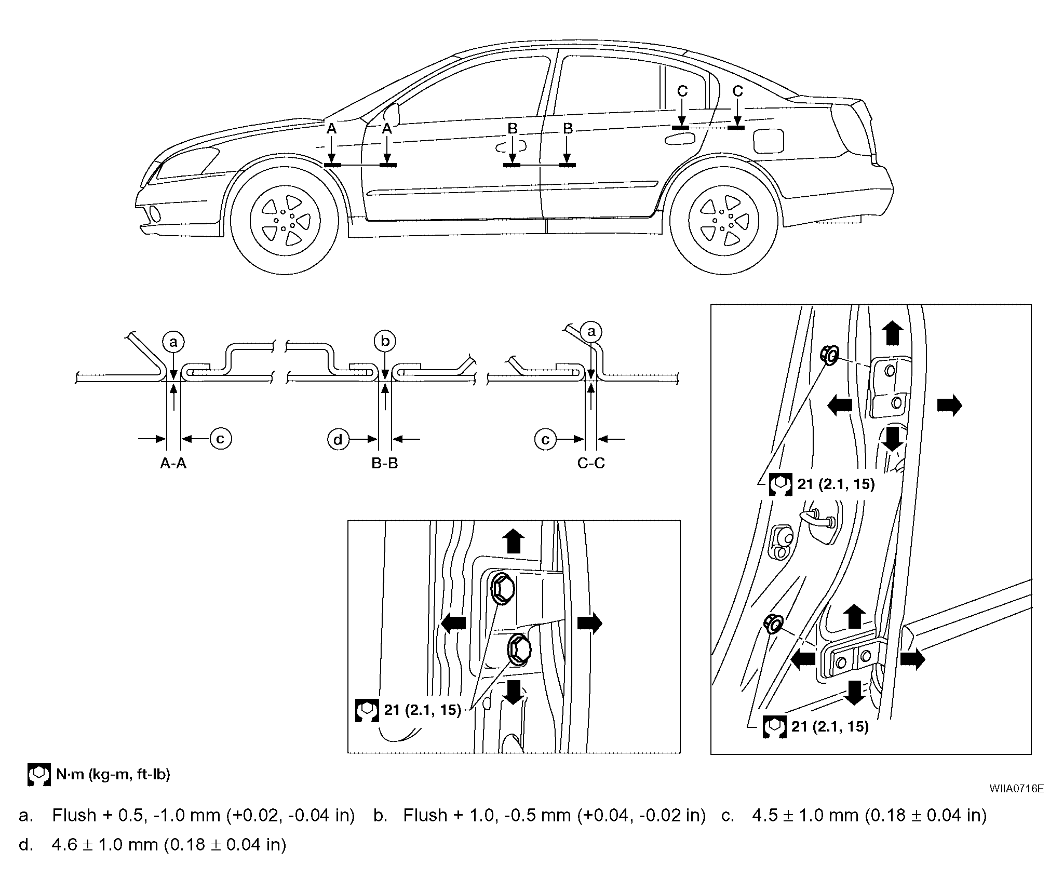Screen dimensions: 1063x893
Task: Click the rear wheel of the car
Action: (723, 221)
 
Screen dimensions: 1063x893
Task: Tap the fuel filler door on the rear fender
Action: (769, 140)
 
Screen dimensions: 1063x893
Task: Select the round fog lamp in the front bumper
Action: (155, 213)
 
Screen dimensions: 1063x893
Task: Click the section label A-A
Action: (173, 463)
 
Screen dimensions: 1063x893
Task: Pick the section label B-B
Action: (385, 463)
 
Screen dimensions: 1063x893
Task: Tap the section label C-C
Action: (591, 463)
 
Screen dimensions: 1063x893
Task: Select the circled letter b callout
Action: (385, 341)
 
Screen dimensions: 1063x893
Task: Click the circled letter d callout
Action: (338, 440)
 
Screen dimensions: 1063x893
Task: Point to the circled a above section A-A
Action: (173, 342)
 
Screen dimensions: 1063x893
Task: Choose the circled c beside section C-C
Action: (545, 440)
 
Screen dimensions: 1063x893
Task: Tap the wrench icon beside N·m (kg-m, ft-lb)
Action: (39, 775)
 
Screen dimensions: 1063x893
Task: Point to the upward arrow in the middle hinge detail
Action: (514, 541)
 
